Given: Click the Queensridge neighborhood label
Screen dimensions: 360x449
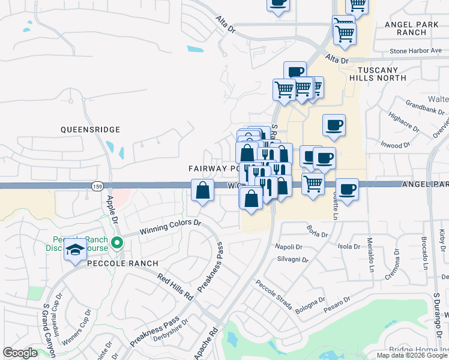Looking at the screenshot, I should (90, 130).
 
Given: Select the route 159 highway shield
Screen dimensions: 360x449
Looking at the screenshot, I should (97, 187).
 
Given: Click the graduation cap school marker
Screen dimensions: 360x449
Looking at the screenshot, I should (75, 249).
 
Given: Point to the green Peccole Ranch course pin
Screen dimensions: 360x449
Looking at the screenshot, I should (117, 243).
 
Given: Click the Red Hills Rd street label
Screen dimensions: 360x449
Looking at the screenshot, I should (175, 287).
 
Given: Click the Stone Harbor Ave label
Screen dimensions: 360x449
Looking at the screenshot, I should (415, 51).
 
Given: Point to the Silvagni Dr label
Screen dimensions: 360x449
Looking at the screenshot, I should (293, 260).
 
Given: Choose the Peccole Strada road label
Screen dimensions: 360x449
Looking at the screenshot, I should (273, 295).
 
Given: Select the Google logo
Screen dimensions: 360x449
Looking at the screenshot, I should (20, 353).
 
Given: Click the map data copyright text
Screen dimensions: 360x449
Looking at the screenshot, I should (412, 355).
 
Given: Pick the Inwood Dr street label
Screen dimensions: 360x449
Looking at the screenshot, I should (394, 145).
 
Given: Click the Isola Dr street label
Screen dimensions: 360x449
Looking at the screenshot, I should (349, 246).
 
